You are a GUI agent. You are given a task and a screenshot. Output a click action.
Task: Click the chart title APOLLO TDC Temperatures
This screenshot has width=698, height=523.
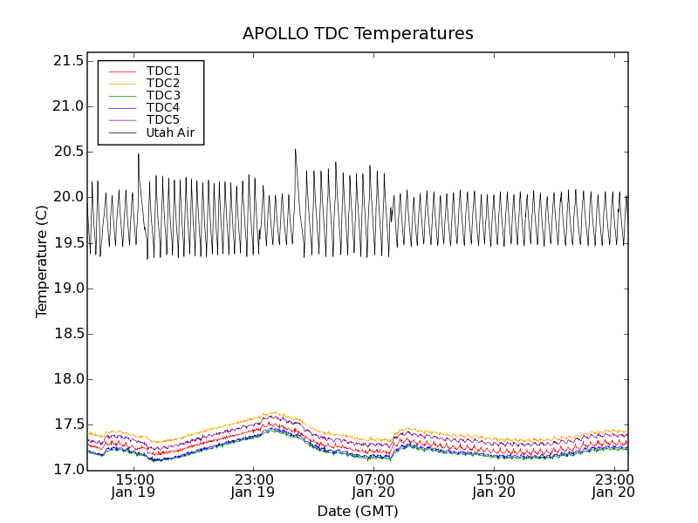[358, 34]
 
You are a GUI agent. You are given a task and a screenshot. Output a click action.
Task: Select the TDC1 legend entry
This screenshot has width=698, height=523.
[163, 71]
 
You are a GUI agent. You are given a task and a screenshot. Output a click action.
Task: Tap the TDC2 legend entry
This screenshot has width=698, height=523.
[163, 83]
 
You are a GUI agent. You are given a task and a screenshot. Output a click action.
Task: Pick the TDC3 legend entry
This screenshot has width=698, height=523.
[163, 95]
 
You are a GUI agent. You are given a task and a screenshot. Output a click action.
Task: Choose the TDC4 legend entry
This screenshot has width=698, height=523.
[163, 107]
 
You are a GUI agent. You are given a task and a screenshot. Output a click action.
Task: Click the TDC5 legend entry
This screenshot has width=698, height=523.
[163, 119]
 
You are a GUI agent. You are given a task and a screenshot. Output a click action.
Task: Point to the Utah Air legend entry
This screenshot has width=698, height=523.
[169, 132]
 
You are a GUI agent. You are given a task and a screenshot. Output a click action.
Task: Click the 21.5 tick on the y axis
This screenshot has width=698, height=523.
[67, 61]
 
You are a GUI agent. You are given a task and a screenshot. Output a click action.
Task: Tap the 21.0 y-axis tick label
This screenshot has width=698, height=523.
[67, 106]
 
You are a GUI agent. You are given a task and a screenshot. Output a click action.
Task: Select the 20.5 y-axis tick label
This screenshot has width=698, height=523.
[67, 152]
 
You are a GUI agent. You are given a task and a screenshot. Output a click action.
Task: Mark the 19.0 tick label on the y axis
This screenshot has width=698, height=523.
[67, 289]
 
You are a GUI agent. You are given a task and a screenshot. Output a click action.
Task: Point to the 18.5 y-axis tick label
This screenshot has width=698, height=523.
[67, 334]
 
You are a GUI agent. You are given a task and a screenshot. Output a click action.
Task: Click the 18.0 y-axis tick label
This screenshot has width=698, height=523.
[67, 379]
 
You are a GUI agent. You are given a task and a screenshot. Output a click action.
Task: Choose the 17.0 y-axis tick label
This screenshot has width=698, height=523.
[67, 470]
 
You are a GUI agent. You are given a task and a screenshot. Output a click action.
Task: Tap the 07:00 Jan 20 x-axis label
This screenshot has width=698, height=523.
[373, 486]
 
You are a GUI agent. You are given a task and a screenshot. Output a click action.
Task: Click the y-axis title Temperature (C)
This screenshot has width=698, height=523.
[42, 261]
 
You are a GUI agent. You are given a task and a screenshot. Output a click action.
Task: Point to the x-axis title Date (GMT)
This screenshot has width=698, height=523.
[358, 511]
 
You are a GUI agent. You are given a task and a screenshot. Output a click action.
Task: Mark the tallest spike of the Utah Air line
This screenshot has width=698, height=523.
[295, 149]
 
